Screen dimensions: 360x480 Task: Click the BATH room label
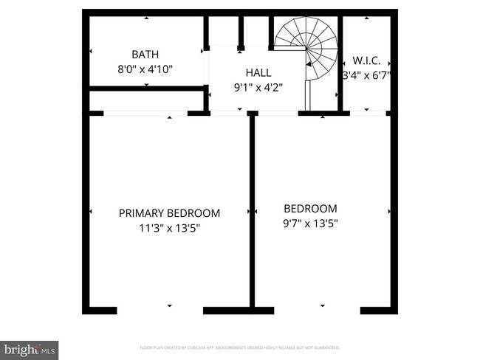(x=145, y=55)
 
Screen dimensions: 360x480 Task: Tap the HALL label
(x=258, y=73)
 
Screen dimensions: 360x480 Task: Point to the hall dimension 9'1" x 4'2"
(x=258, y=86)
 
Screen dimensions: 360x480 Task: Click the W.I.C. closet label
(x=366, y=60)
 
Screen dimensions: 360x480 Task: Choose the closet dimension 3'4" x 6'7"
(x=366, y=75)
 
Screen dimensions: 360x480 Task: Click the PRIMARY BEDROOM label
(x=169, y=213)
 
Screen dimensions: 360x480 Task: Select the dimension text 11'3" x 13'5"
(x=169, y=228)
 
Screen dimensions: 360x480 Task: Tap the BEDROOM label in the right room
(x=311, y=209)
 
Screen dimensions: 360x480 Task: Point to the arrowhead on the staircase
(x=309, y=65)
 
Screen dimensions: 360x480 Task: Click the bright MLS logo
(x=30, y=347)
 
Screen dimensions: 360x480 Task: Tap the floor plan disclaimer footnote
(x=240, y=347)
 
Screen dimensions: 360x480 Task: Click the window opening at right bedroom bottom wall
(x=322, y=310)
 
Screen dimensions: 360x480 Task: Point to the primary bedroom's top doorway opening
(x=145, y=114)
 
